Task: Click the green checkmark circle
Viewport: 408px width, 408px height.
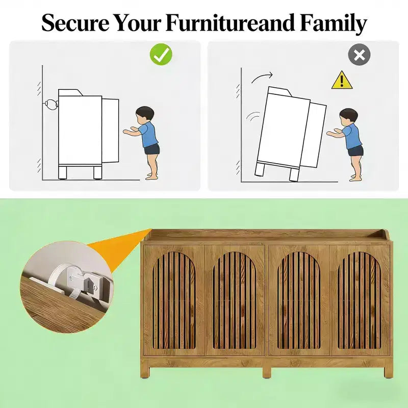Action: (x=161, y=55)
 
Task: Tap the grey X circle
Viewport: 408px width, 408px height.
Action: (x=359, y=55)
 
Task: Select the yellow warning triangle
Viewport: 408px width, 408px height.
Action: (x=342, y=80)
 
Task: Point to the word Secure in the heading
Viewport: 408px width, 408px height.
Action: (x=75, y=23)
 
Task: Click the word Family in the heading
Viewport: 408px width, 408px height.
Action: (x=333, y=23)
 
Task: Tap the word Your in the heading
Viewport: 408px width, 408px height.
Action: (x=138, y=23)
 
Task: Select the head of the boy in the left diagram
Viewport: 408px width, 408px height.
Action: (x=145, y=114)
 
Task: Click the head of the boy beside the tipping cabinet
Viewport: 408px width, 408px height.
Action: (x=348, y=116)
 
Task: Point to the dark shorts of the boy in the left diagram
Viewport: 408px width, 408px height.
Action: (x=151, y=149)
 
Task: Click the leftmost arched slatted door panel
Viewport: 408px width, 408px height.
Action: (x=174, y=300)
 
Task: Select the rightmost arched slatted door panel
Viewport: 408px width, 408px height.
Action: (x=359, y=300)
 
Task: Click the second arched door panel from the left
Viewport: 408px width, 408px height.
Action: (x=235, y=300)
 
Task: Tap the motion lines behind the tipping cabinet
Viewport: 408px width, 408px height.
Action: (x=253, y=116)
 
